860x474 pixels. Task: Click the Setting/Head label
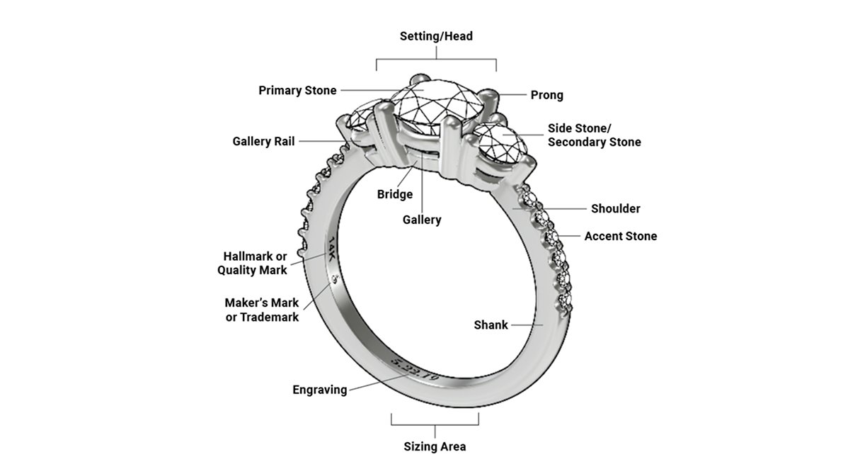click(x=435, y=35)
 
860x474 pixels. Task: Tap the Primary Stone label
click(x=297, y=91)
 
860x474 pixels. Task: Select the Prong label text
click(x=546, y=95)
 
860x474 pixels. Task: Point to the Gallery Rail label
click(x=263, y=142)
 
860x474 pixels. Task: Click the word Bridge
click(x=394, y=194)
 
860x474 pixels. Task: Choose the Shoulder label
click(x=615, y=208)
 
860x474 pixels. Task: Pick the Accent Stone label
click(x=620, y=236)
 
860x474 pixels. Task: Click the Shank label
click(x=491, y=325)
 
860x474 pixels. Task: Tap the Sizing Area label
click(x=435, y=446)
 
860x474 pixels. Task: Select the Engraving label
click(x=319, y=390)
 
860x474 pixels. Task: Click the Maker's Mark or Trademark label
click(x=262, y=310)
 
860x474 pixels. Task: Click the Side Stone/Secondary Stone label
click(x=594, y=135)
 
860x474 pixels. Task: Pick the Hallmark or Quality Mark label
click(x=252, y=263)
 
